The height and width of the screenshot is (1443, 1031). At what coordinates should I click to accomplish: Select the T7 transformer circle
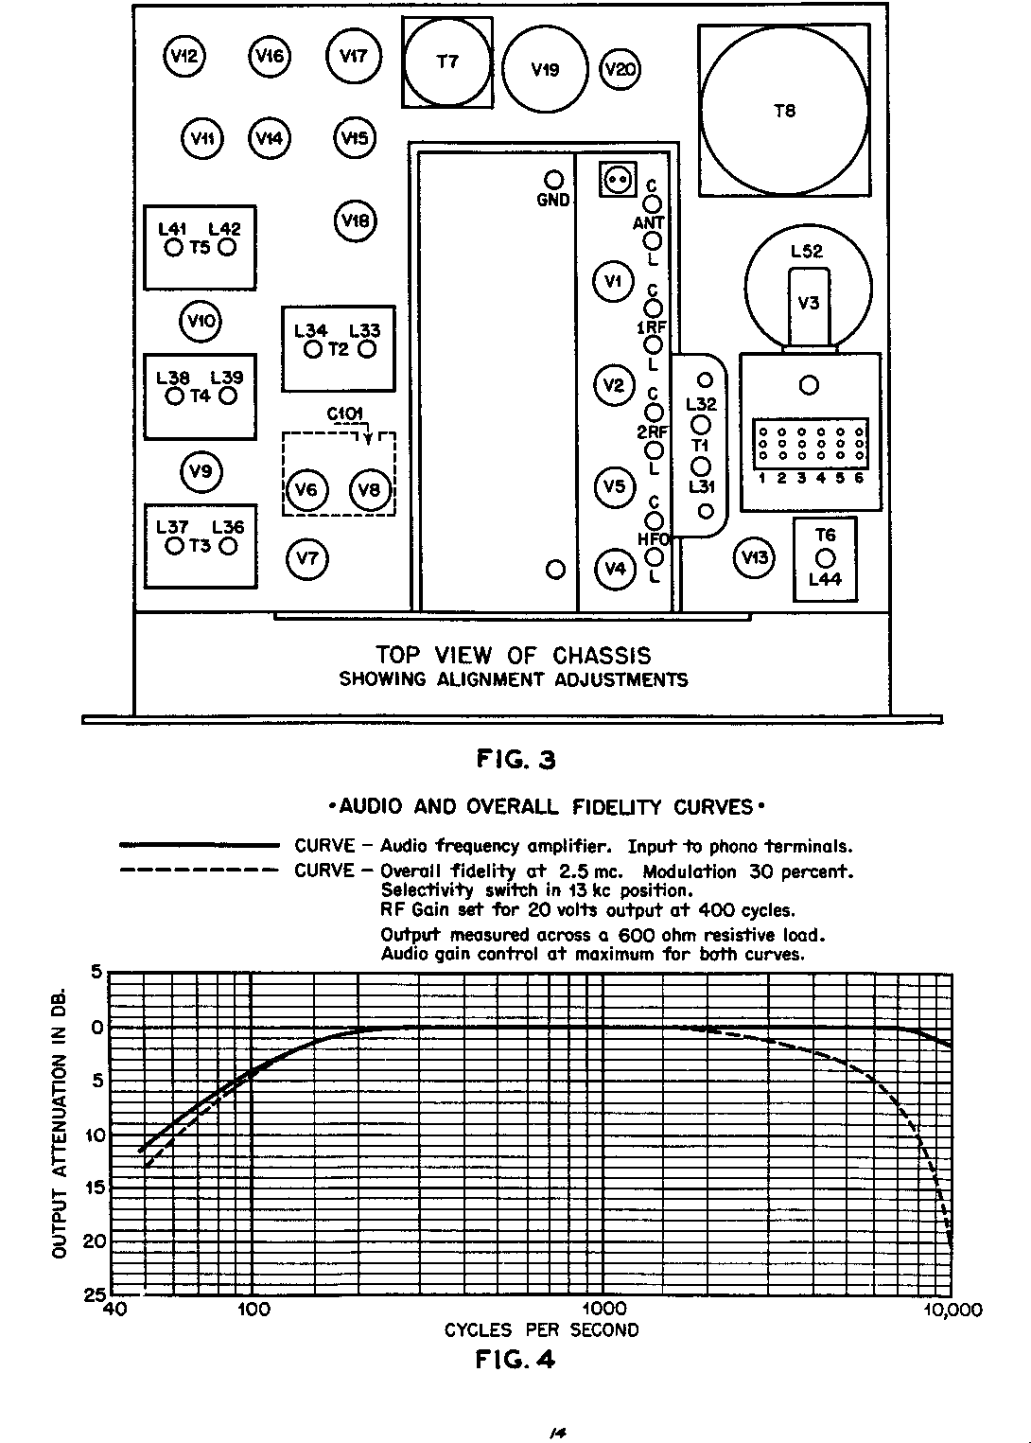(447, 62)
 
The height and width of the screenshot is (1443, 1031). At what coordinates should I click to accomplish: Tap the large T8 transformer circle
(784, 111)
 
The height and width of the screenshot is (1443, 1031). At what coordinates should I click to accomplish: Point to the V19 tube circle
(546, 69)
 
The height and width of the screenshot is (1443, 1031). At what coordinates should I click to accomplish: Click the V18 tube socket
(356, 221)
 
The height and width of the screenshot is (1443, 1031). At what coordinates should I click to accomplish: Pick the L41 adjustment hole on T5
(173, 248)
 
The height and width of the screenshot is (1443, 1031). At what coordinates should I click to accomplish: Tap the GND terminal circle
(554, 180)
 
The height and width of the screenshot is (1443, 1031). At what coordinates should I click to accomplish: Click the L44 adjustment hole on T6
(825, 558)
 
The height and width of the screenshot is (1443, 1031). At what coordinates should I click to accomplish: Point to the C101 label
(345, 414)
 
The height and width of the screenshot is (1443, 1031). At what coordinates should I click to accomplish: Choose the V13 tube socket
(754, 557)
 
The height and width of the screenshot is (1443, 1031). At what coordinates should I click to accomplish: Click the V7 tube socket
(306, 558)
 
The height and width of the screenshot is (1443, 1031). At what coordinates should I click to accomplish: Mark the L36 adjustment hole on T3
(228, 547)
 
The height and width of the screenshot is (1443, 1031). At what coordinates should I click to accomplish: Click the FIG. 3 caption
(515, 760)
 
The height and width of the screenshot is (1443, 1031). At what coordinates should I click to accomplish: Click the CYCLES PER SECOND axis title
(541, 1330)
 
